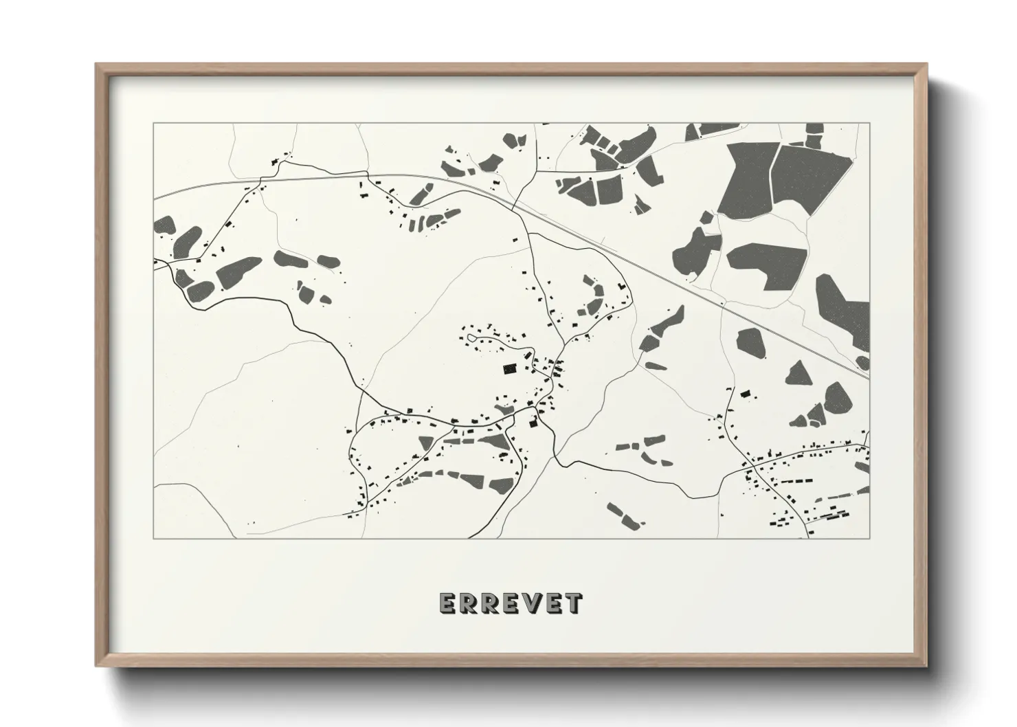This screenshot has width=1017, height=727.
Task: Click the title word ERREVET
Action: point(510,603)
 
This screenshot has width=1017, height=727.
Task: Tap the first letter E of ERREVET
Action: point(447,603)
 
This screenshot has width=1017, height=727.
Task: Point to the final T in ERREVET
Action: point(574,603)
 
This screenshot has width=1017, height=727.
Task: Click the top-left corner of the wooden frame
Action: point(97,65)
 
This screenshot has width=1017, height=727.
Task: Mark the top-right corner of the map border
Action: point(869,124)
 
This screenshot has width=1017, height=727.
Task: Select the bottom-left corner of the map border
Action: point(154,537)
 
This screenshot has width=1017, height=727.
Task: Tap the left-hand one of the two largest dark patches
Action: point(747,180)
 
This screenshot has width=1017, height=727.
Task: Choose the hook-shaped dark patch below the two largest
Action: point(766,266)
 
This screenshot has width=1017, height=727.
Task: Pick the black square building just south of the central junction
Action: point(532,424)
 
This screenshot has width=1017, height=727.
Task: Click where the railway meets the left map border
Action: point(155,198)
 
